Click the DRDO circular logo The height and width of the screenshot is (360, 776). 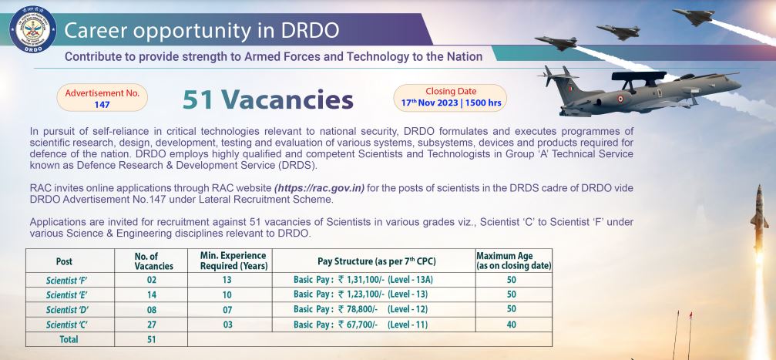[32, 29]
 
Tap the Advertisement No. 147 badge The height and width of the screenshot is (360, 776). [102, 98]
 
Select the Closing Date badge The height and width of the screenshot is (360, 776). [450, 98]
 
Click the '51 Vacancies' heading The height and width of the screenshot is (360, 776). [267, 99]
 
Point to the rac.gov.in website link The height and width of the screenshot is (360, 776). [319, 188]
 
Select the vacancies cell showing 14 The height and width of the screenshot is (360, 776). [152, 294]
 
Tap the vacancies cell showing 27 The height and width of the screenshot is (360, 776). [152, 325]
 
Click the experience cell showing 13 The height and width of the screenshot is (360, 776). [227, 280]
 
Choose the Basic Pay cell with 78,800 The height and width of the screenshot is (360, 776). [361, 309]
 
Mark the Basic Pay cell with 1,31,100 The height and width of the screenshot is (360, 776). [363, 280]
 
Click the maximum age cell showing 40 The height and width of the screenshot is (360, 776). [511, 325]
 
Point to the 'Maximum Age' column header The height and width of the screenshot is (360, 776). [514, 261]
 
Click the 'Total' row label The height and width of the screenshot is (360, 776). [69, 339]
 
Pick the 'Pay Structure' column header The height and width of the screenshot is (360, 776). [377, 261]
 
